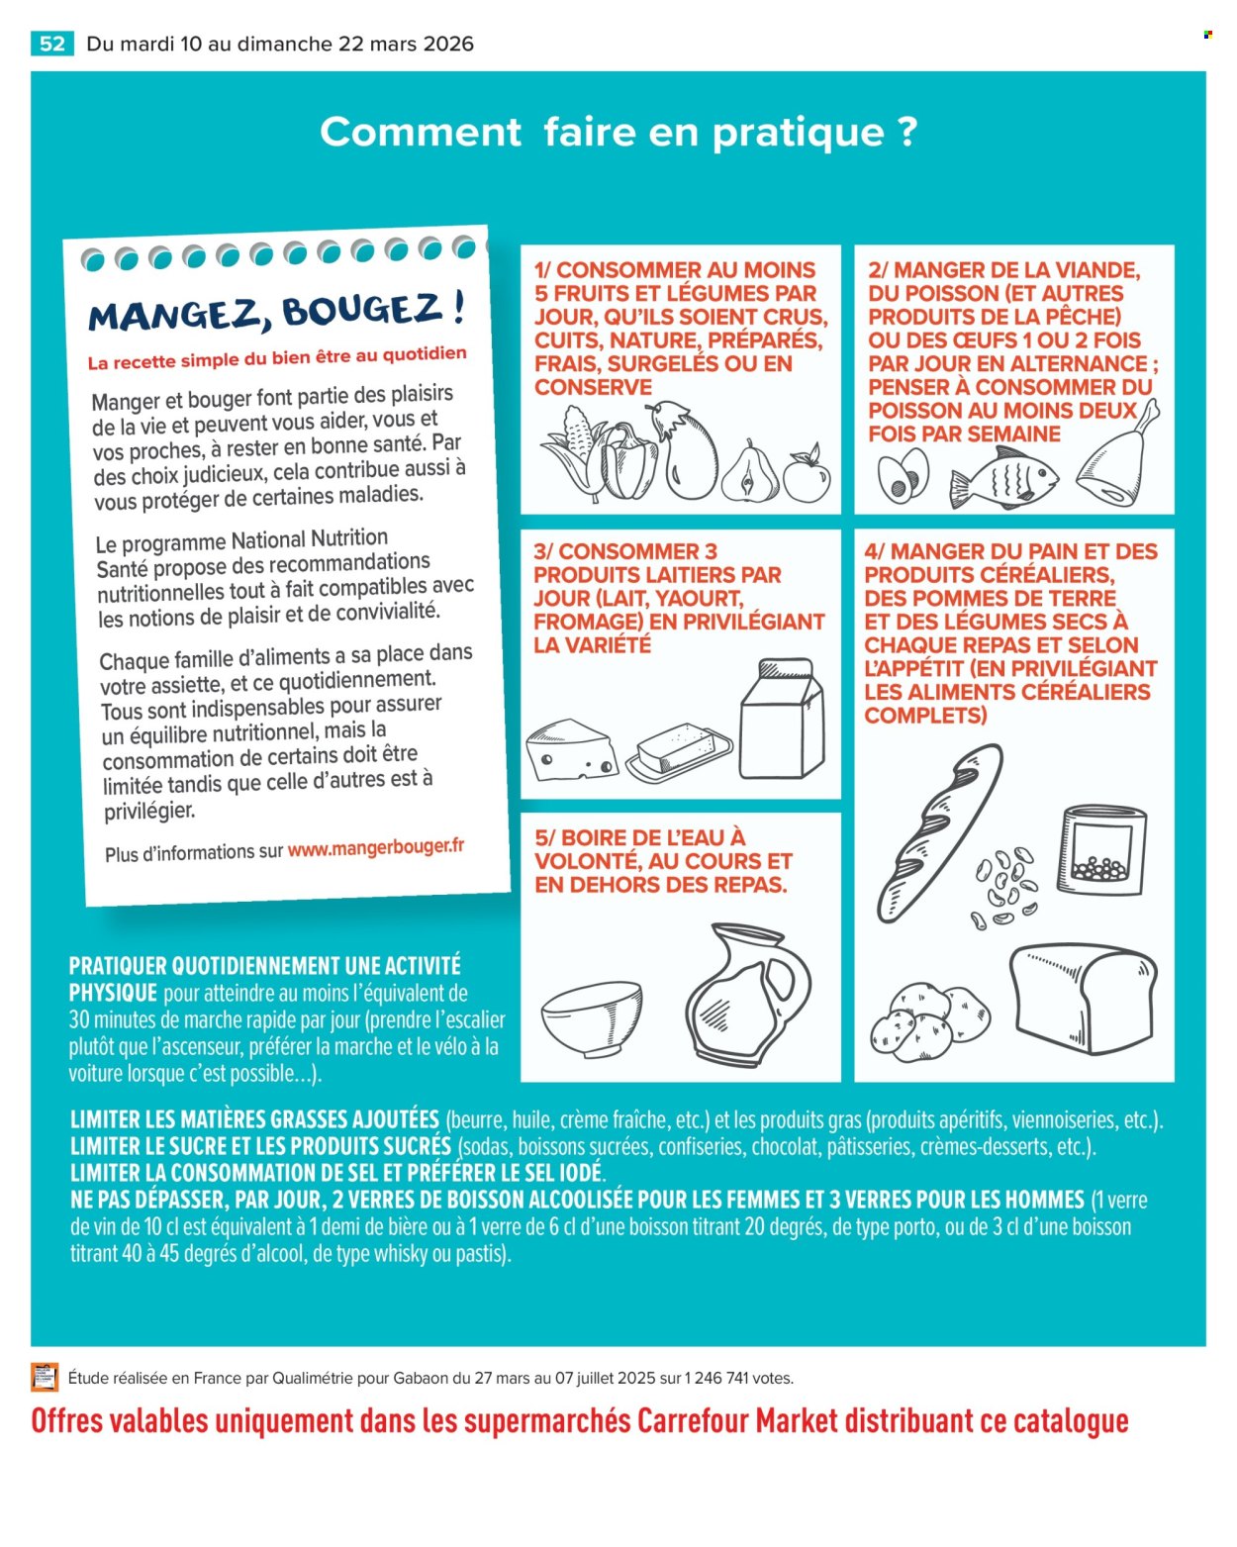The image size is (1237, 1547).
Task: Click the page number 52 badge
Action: [51, 44]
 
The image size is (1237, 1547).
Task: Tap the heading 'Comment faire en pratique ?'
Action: [618, 133]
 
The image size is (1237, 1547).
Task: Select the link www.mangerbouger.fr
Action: [376, 847]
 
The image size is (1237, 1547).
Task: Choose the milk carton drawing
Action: [782, 719]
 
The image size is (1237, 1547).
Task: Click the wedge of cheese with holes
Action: [571, 749]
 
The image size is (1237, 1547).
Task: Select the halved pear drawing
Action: [750, 471]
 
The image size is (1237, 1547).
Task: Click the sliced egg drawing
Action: [903, 475]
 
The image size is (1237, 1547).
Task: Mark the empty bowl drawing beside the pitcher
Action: [592, 1019]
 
